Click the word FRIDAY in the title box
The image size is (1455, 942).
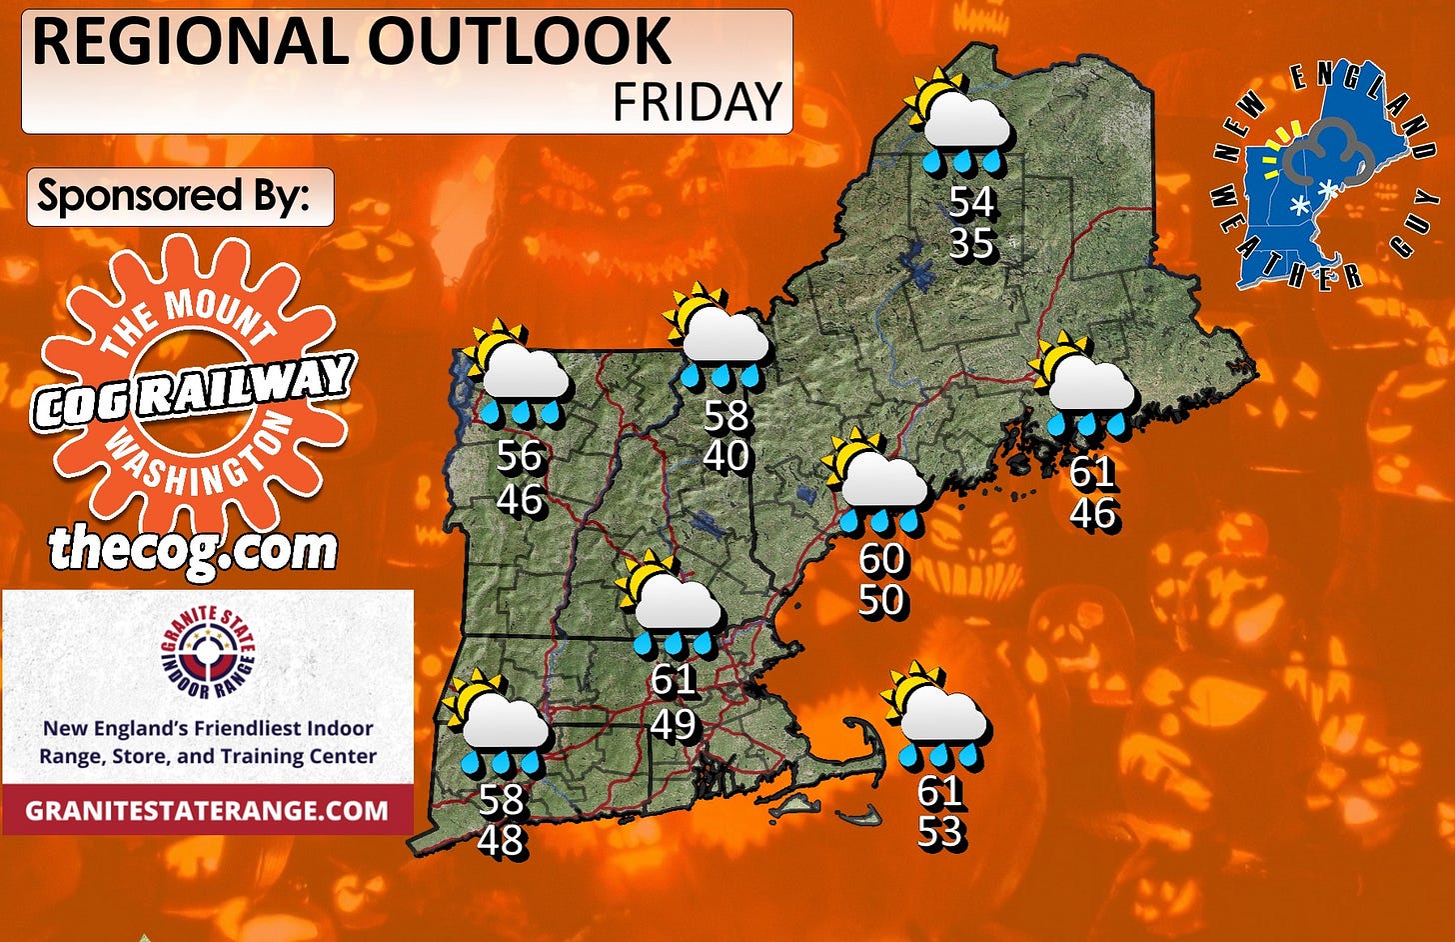pos(697,102)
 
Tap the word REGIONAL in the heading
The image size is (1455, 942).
pos(194,42)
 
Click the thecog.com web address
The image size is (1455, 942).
pos(194,548)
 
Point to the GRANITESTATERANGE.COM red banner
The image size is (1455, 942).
pos(207,809)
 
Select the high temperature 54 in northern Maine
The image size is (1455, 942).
pos(971,202)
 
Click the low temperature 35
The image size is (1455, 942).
pos(971,243)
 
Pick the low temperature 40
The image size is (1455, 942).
pos(727,456)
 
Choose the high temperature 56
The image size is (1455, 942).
pos(520,456)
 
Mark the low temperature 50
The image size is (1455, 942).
pos(881,600)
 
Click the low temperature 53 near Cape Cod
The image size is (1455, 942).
pos(940,832)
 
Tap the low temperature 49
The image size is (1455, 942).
pos(674,722)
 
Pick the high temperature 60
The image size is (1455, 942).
pos(881,559)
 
